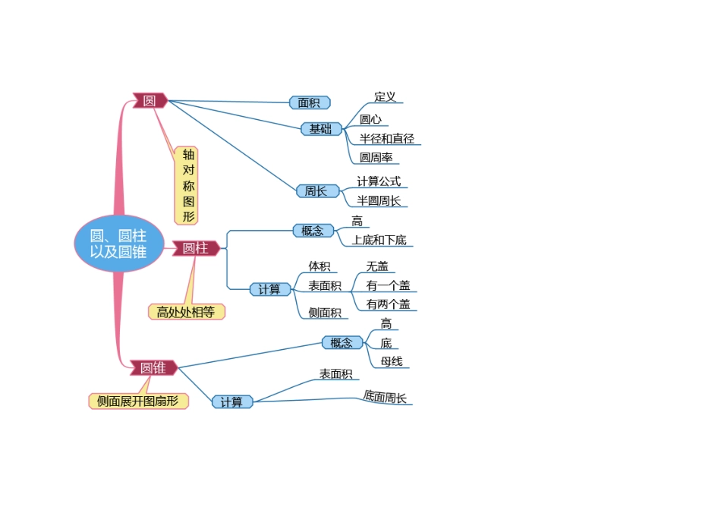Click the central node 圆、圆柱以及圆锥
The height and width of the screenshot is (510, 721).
click(x=118, y=244)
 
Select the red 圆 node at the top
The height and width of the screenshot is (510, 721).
click(x=150, y=100)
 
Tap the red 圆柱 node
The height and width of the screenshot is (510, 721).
click(x=195, y=248)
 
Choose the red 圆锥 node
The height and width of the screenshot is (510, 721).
click(x=153, y=368)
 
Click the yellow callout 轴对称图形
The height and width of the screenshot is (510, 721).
click(x=187, y=185)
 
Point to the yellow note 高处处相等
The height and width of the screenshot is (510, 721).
click(x=186, y=312)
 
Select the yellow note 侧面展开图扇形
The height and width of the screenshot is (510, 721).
click(x=138, y=401)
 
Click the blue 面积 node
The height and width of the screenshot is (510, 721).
click(x=309, y=102)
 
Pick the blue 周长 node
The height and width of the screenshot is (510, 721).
click(x=316, y=191)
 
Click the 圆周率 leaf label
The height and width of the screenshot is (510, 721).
click(x=376, y=158)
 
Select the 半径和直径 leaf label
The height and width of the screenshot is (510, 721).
click(x=387, y=139)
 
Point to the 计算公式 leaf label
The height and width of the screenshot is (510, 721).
click(x=379, y=182)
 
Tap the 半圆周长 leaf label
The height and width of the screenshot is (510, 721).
click(x=379, y=201)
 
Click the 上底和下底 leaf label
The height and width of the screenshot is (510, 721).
click(x=379, y=240)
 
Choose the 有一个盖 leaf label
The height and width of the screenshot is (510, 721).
click(x=388, y=285)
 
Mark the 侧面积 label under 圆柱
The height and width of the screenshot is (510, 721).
click(x=325, y=313)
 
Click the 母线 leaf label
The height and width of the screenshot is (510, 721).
click(x=392, y=361)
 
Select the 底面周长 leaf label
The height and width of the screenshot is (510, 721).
click(x=385, y=397)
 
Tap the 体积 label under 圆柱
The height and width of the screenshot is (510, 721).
click(x=319, y=266)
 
